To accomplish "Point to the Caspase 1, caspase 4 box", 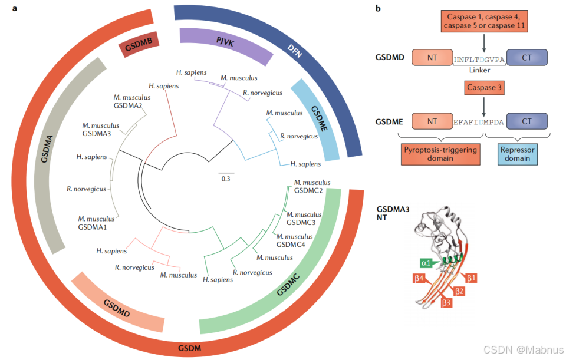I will pyautogui.click(x=483, y=21).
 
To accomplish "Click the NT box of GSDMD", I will pyautogui.click(x=432, y=58).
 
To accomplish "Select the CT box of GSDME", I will pyautogui.click(x=526, y=121).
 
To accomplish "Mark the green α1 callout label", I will pyautogui.click(x=426, y=263).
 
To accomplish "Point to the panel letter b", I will pyautogui.click(x=378, y=9).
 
